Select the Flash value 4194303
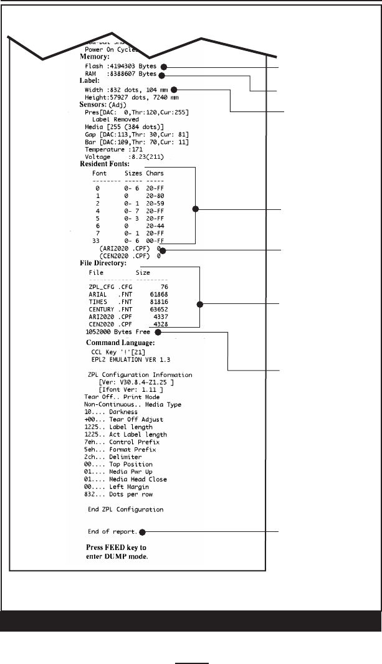(x=125, y=65)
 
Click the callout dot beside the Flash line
(x=163, y=66)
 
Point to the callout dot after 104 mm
(x=175, y=89)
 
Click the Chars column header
(x=155, y=173)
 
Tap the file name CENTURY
(x=102, y=309)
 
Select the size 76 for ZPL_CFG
(x=163, y=286)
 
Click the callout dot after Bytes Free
(x=158, y=332)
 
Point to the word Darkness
(x=122, y=413)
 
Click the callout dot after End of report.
(x=142, y=532)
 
